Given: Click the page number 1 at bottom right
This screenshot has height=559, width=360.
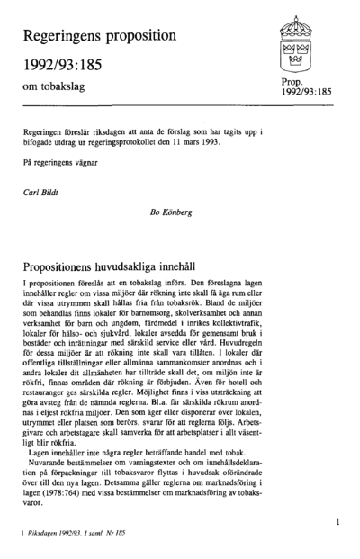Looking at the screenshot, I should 334,521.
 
